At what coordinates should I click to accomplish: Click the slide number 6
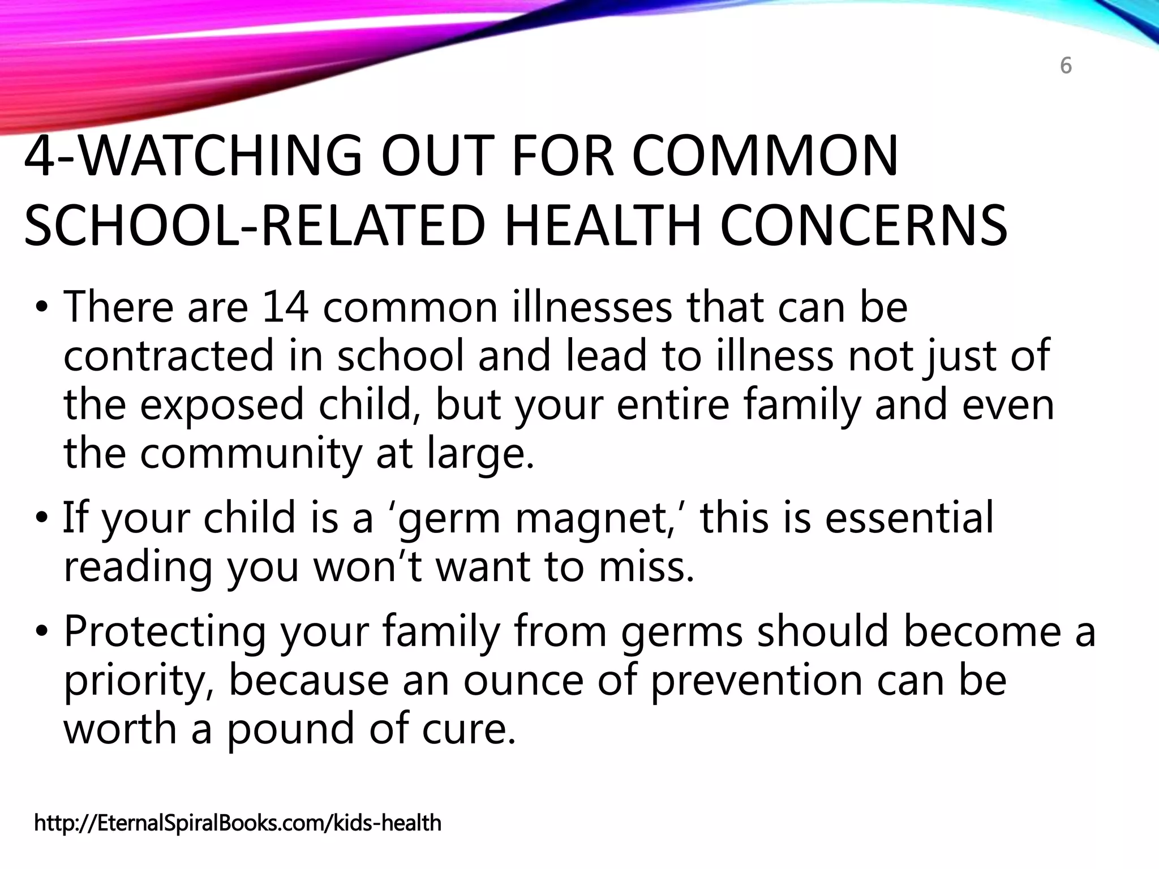pos(1066,67)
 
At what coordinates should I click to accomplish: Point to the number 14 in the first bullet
pos(285,307)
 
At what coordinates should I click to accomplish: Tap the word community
pos(250,454)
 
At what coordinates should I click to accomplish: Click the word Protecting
pos(165,632)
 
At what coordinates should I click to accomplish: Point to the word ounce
pos(523,680)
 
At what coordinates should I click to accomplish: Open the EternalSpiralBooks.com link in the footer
pos(238,823)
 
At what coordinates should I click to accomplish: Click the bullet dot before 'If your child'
pos(41,518)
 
